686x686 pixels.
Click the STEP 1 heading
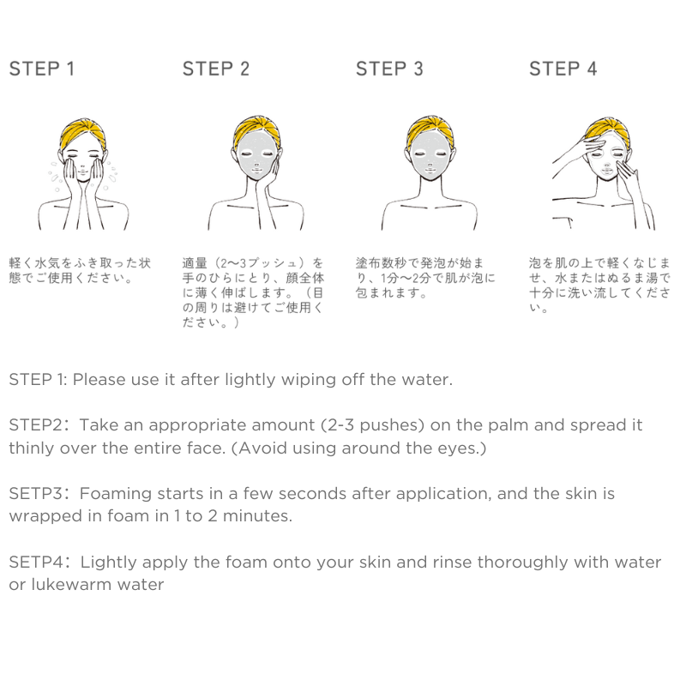[41, 69]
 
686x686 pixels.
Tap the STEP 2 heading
[216, 69]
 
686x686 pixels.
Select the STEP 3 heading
[389, 69]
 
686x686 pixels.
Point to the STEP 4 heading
[563, 69]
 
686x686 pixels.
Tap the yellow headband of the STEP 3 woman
[430, 129]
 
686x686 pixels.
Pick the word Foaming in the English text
[115, 494]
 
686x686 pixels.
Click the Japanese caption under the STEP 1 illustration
[80, 270]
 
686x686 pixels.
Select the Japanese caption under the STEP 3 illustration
[424, 278]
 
